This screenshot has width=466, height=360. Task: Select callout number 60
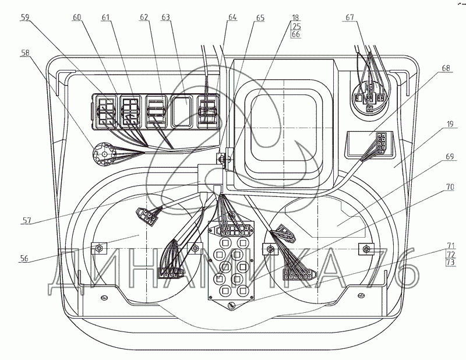tap(77, 17)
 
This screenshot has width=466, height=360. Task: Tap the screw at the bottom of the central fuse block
tap(232, 305)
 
